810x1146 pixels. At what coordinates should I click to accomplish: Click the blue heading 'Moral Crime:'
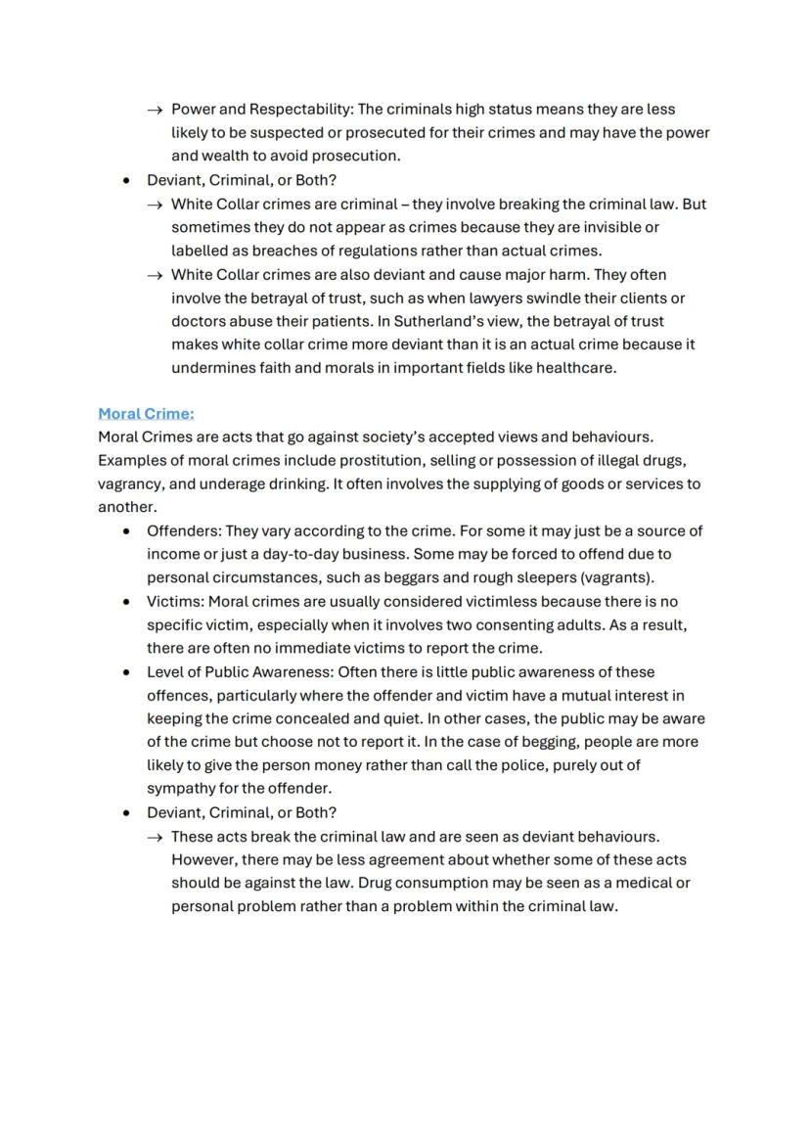pyautogui.click(x=146, y=413)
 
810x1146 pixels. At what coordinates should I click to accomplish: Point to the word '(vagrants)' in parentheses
pyautogui.click(x=617, y=577)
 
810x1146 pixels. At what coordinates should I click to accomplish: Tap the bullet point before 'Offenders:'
pyautogui.click(x=126, y=531)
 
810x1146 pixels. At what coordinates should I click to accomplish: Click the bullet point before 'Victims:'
pyautogui.click(x=126, y=602)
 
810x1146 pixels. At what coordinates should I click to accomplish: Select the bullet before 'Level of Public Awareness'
pyautogui.click(x=126, y=672)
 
